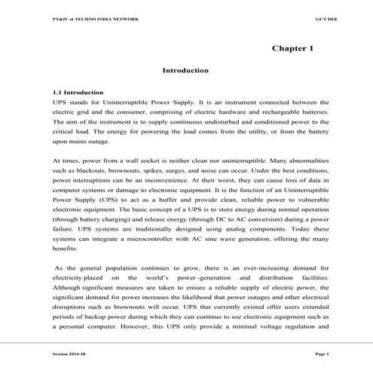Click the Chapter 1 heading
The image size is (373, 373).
(x=292, y=48)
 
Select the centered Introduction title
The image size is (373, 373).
(x=185, y=70)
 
